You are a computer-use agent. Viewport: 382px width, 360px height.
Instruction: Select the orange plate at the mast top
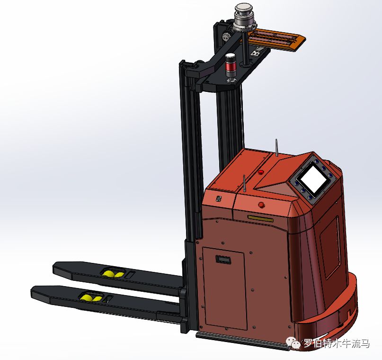[x=277, y=38]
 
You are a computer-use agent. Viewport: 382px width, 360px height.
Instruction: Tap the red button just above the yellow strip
[x=261, y=204]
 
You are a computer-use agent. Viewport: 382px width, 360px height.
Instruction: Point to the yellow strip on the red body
[x=260, y=218]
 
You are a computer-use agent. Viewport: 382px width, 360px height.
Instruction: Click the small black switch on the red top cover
[x=219, y=198]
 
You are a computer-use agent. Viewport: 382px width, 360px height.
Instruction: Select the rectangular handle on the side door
[x=223, y=259]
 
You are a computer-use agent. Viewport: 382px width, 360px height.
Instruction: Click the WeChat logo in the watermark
[x=293, y=343]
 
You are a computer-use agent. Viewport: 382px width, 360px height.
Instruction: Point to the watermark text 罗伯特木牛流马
[x=336, y=343]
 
